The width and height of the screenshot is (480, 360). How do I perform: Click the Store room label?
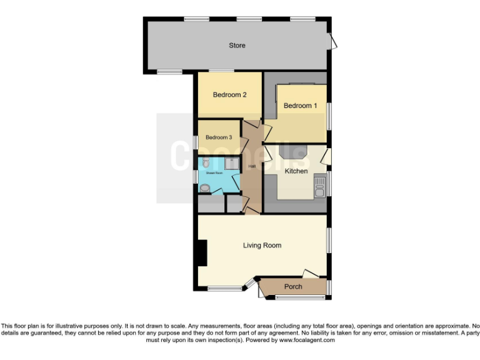tap(237, 45)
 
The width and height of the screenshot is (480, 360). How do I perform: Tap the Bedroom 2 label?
tap(229, 95)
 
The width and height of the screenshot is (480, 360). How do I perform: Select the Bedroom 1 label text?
tap(300, 106)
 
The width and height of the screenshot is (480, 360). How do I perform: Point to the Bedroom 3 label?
tap(219, 137)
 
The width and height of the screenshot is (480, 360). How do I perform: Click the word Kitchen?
tap(296, 171)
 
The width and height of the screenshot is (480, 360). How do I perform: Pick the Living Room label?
tap(262, 246)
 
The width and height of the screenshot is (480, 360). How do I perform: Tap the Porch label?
tap(293, 287)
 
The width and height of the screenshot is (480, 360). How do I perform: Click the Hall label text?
tap(252, 166)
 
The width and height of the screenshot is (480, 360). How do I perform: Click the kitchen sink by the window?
tap(320, 186)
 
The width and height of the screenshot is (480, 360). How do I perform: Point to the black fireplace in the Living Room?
tap(202, 253)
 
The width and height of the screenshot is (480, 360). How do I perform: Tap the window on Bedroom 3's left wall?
tap(196, 142)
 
